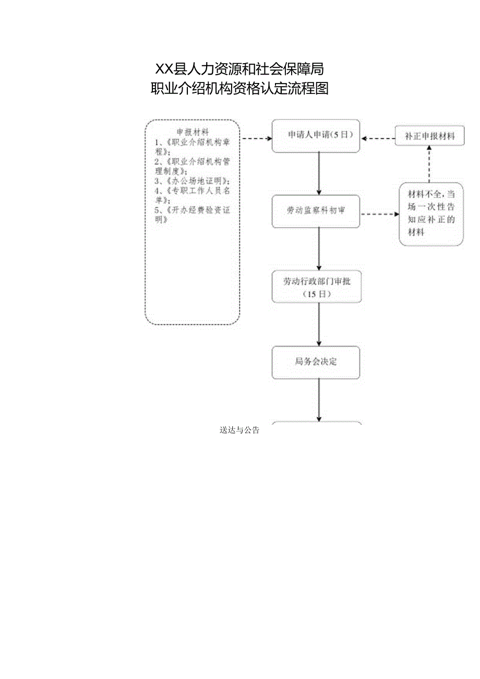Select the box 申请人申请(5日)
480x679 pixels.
(316, 136)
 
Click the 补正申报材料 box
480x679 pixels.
(429, 137)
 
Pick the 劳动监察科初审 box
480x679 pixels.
(316, 211)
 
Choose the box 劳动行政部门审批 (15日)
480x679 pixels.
(316, 287)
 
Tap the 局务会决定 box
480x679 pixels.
(316, 362)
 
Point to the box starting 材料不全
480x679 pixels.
(431, 213)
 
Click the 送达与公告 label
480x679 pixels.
(239, 431)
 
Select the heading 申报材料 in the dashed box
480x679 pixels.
(193, 132)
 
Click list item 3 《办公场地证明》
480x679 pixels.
(193, 181)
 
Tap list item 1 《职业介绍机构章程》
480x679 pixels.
(193, 147)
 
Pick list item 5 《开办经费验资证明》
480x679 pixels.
(193, 215)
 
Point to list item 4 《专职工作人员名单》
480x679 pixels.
(193, 195)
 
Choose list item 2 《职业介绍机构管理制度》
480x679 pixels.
(193, 166)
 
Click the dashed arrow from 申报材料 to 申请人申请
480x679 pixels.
(256, 139)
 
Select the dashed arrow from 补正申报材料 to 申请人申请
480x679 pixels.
(378, 139)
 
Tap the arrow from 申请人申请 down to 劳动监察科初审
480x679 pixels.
(319, 173)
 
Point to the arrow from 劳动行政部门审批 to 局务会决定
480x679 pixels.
(319, 324)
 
